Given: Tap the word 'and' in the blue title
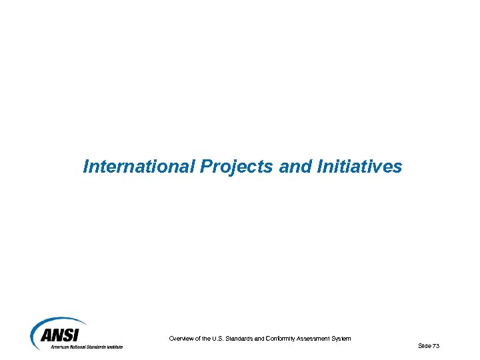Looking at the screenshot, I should coord(291,166).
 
